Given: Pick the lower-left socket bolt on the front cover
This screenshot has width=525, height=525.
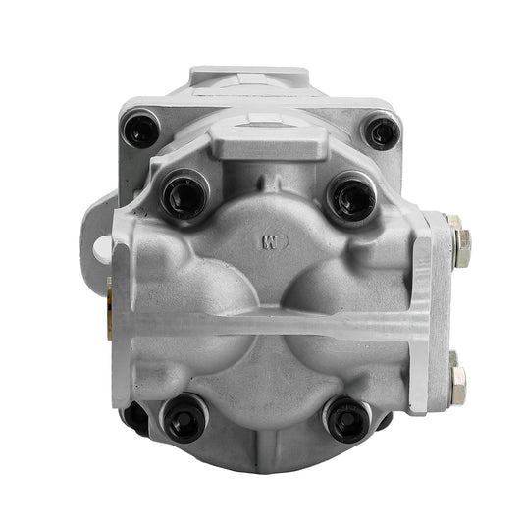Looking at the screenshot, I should [x=184, y=419].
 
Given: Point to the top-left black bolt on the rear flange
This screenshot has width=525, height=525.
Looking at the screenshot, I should [x=140, y=129].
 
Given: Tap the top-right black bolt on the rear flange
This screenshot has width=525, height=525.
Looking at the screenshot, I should [x=381, y=131].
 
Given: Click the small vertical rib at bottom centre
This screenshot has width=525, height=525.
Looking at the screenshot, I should [x=267, y=432].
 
